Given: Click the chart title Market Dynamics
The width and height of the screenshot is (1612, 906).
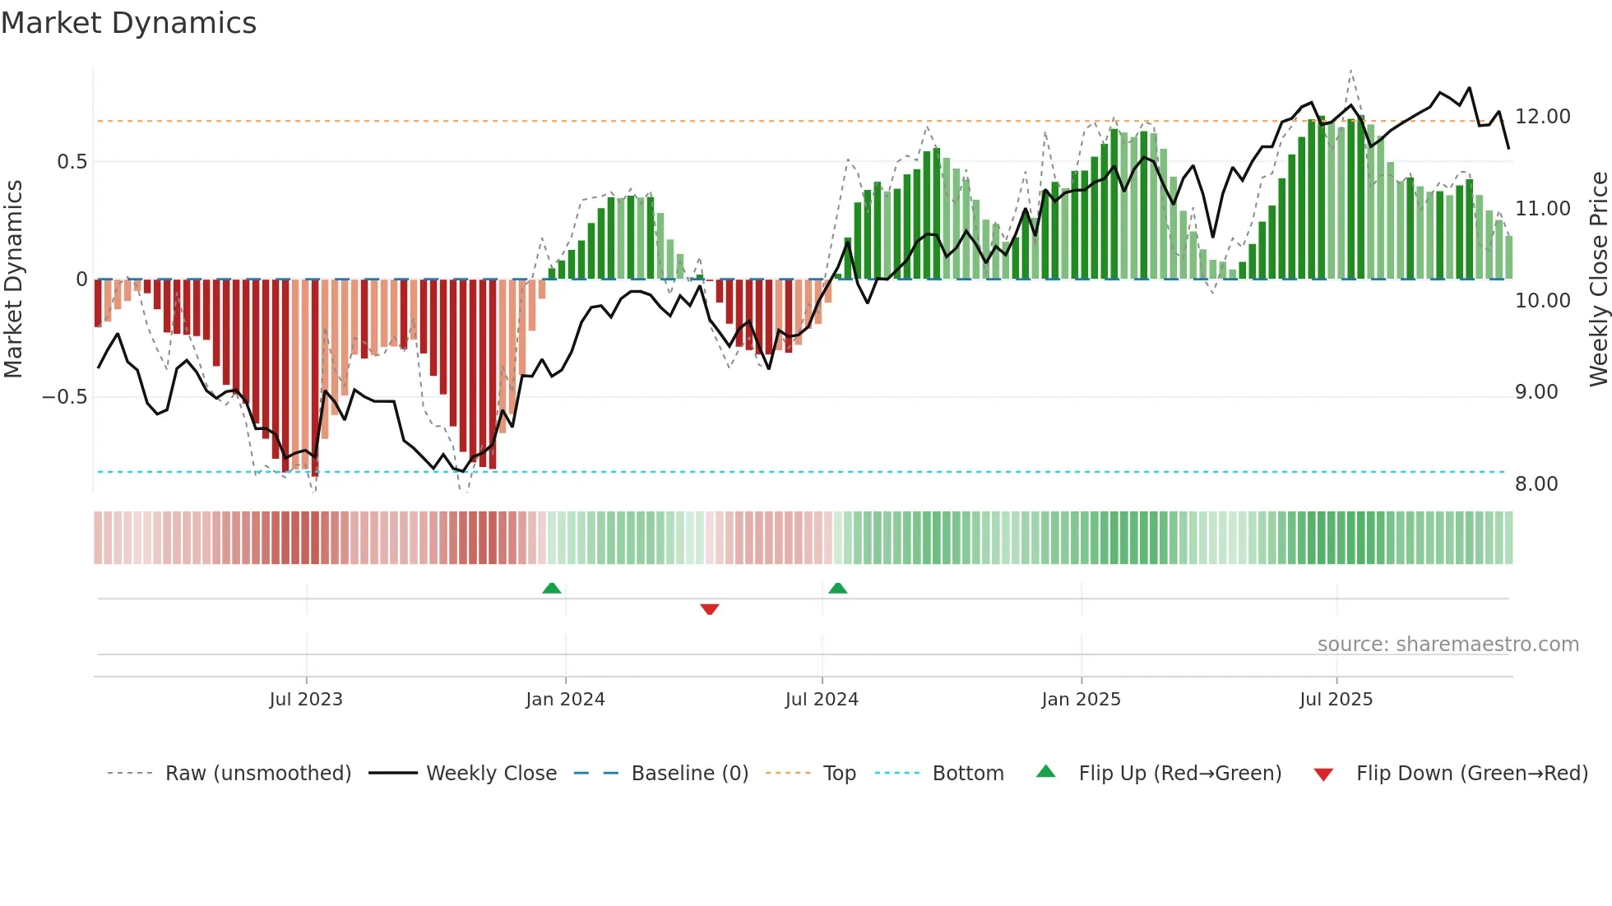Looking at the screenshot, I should click(x=128, y=23).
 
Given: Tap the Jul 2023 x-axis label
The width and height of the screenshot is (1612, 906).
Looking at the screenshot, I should click(x=306, y=700).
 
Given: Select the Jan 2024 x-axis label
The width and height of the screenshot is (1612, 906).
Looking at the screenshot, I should click(x=565, y=700).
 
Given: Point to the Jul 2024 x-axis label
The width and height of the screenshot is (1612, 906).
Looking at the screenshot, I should click(x=822, y=700).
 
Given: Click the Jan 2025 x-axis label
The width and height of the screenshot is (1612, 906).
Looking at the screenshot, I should click(x=1081, y=700).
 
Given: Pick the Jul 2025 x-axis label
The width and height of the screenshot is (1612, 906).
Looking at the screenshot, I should click(x=1336, y=700).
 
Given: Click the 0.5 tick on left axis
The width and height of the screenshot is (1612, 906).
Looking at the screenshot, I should click(x=72, y=162).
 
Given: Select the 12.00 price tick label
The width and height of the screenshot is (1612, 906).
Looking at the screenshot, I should click(x=1543, y=117).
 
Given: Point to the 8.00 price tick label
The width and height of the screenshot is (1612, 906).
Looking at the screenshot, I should click(x=1536, y=484).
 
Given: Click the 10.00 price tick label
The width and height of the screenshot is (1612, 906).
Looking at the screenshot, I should click(x=1543, y=301).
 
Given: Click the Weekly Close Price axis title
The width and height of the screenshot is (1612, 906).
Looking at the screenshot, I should click(x=1598, y=280).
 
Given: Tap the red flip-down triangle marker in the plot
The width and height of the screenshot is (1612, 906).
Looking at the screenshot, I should click(x=710, y=609).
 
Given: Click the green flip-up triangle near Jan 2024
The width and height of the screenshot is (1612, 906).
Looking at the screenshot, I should click(x=552, y=589).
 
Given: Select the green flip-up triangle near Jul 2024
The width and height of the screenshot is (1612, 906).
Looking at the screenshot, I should click(x=837, y=589).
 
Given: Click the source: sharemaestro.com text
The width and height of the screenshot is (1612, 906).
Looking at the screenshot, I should click(x=1448, y=645).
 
